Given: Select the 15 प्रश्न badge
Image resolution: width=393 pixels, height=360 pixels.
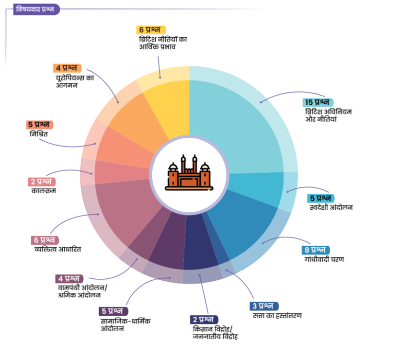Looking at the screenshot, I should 319,102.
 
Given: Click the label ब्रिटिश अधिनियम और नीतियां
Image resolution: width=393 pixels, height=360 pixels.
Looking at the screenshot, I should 328,115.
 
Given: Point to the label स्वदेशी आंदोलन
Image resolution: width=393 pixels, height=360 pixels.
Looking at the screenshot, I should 331,207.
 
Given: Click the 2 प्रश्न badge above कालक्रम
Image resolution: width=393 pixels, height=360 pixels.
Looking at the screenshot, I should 42,181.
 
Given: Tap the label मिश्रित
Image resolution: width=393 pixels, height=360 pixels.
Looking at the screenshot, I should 38,134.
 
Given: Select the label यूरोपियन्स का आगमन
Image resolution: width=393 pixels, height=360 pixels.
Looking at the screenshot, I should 75,81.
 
